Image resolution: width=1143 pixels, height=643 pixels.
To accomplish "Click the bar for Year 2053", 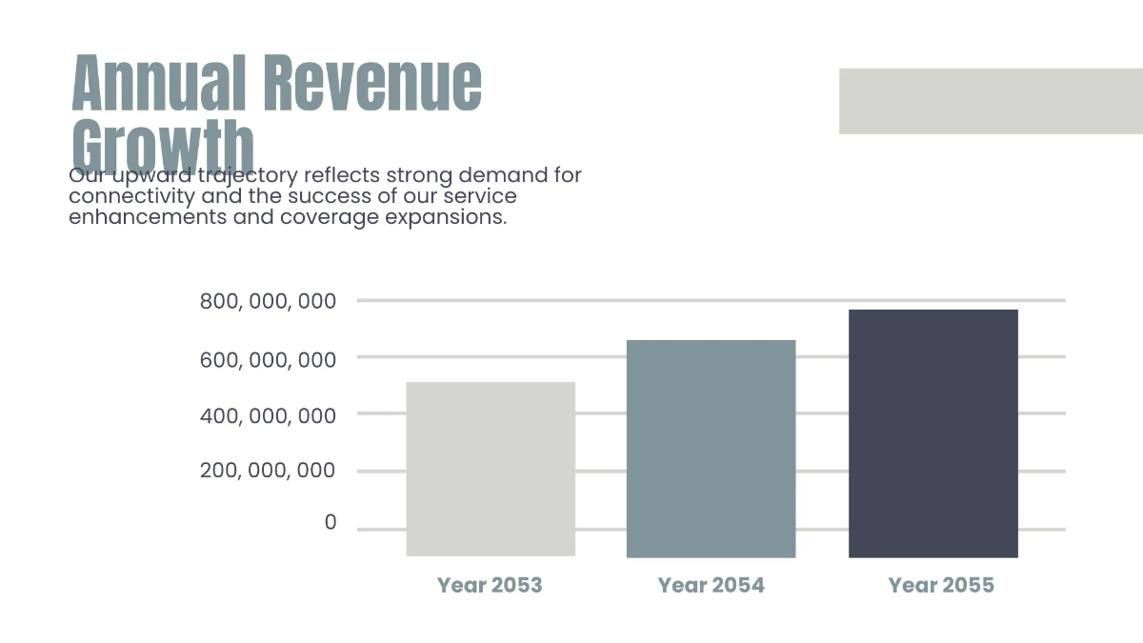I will pyautogui.click(x=491, y=469).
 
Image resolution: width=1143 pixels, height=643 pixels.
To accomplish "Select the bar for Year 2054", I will pyautogui.click(x=711, y=448).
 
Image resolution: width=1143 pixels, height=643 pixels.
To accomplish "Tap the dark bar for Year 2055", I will pyautogui.click(x=932, y=432).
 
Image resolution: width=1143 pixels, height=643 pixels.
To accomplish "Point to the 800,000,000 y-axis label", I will pyautogui.click(x=268, y=302).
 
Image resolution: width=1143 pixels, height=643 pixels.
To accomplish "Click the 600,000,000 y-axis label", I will pyautogui.click(x=268, y=359).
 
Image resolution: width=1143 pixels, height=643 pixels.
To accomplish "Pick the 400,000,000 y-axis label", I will pyautogui.click(x=268, y=415).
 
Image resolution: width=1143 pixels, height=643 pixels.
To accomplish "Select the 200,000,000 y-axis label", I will pyautogui.click(x=268, y=471).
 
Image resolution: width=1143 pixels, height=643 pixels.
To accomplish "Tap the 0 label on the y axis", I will pyautogui.click(x=331, y=522).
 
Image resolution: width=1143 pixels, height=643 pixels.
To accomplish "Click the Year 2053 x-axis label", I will pyautogui.click(x=490, y=585).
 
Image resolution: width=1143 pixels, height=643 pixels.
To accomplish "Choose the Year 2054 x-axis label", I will pyautogui.click(x=711, y=585).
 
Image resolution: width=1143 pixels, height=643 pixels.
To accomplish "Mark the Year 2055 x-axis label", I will pyautogui.click(x=941, y=585).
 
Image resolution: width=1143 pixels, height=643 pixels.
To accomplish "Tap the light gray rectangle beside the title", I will pyautogui.click(x=991, y=101).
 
